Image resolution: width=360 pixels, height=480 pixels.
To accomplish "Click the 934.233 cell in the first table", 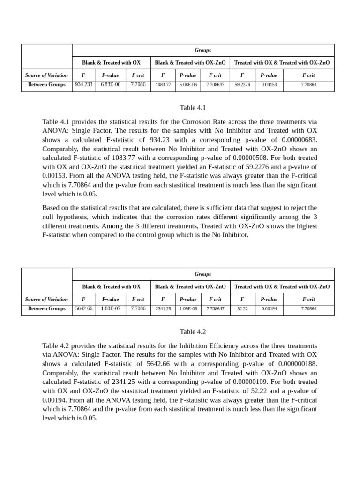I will [83, 85].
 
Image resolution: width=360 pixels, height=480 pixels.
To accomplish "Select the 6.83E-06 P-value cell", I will [110, 85].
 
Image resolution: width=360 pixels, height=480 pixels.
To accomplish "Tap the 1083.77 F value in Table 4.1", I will [163, 85].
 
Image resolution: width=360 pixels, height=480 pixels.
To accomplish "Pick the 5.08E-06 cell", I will [188, 85].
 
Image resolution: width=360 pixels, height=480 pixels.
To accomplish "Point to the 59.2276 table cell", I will [242, 85].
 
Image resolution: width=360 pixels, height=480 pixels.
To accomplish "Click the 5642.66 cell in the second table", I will [83, 309].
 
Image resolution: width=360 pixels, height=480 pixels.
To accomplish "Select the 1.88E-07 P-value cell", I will [110, 309].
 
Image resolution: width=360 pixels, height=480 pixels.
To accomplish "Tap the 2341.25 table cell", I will [163, 309].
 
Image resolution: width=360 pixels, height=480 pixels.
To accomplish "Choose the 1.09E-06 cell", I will [188, 309].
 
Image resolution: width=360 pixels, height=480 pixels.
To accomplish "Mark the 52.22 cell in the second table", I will [242, 309].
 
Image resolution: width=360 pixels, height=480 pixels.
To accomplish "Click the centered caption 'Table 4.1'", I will [193, 108].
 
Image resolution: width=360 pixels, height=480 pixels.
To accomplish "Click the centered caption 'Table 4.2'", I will [193, 332].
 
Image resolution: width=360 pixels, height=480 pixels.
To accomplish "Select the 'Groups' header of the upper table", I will [202, 50].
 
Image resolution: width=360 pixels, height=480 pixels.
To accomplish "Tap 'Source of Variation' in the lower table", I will [46, 300].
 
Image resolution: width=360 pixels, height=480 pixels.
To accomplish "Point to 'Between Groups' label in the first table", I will [46, 85].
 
